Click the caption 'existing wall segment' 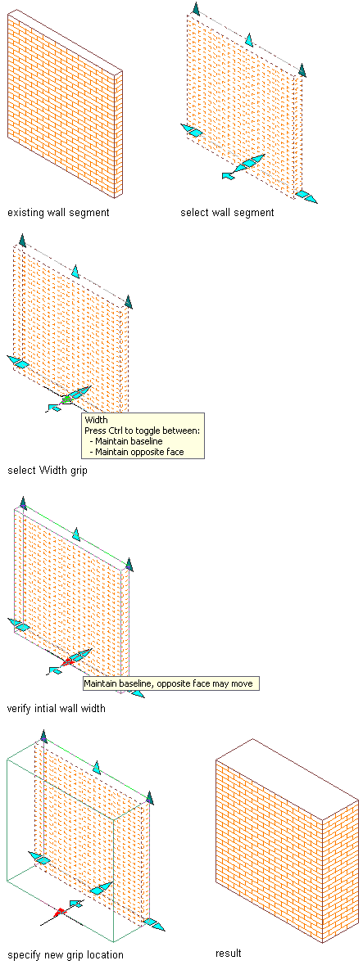click(x=58, y=214)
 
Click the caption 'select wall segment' click(x=227, y=214)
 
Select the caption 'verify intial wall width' click(x=56, y=708)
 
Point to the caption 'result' click(x=228, y=954)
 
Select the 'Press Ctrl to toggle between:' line click(x=143, y=431)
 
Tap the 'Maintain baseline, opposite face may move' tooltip click(x=170, y=683)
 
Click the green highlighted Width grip click(x=66, y=399)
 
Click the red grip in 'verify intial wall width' click(x=66, y=662)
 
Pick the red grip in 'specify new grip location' click(x=59, y=913)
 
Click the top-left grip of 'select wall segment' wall click(x=196, y=9)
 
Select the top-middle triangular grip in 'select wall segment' click(x=249, y=40)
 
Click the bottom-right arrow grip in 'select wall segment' click(x=306, y=196)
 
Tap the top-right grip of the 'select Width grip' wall click(x=128, y=302)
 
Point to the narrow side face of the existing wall click(x=119, y=133)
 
